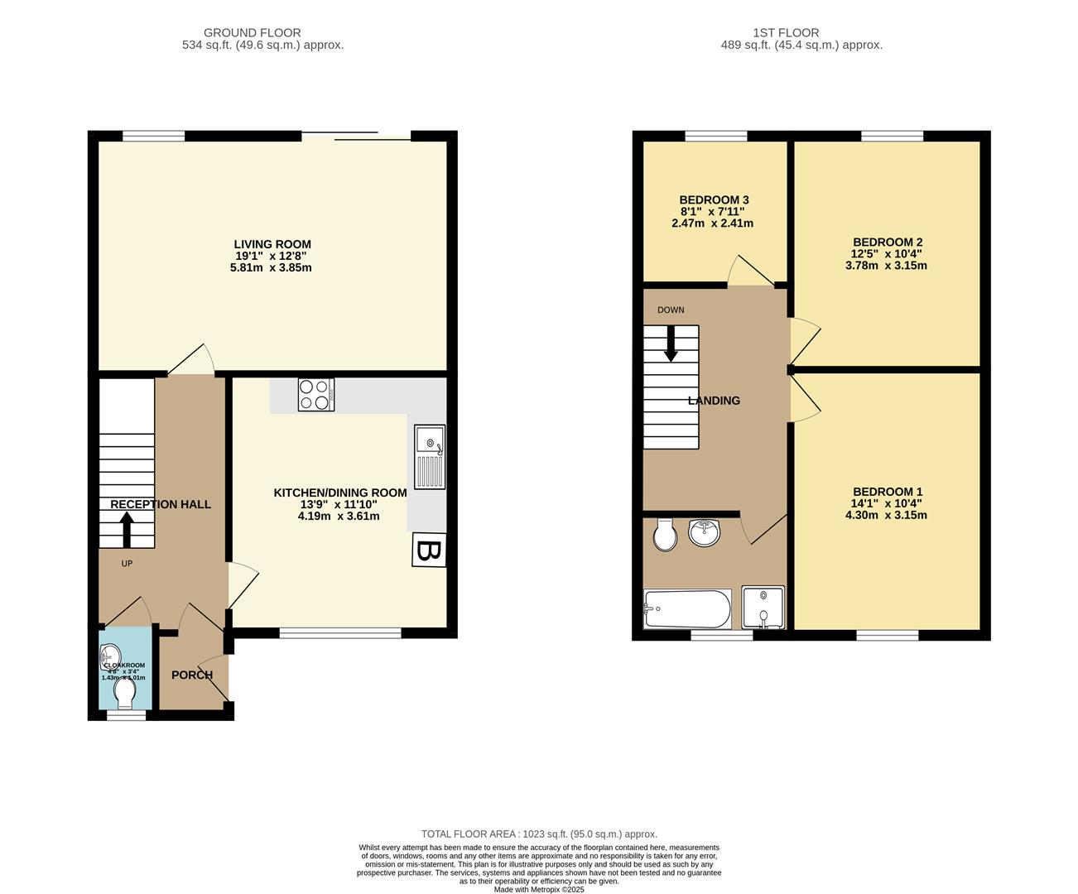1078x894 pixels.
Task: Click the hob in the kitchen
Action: coord(316,394)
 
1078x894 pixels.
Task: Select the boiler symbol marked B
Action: coord(429,550)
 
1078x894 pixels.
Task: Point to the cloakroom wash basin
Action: coord(109,655)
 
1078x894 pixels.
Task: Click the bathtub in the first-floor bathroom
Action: coord(687,610)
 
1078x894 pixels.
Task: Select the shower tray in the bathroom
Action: coord(763,608)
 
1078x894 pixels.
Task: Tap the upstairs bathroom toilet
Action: coord(664,535)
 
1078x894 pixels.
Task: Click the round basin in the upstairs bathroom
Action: coord(705,532)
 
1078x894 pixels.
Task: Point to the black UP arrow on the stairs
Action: coord(127,530)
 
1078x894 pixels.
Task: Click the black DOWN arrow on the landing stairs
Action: coord(671,344)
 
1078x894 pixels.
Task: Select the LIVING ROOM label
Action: coord(272,244)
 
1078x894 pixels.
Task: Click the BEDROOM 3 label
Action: coord(714,200)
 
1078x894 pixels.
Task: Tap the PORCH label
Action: coord(192,675)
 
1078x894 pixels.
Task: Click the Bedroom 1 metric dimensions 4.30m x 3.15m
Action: coord(886,515)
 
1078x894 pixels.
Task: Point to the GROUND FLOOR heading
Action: coord(253,33)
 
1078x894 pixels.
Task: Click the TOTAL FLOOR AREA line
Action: coord(539,834)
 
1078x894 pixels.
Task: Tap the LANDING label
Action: coord(714,401)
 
